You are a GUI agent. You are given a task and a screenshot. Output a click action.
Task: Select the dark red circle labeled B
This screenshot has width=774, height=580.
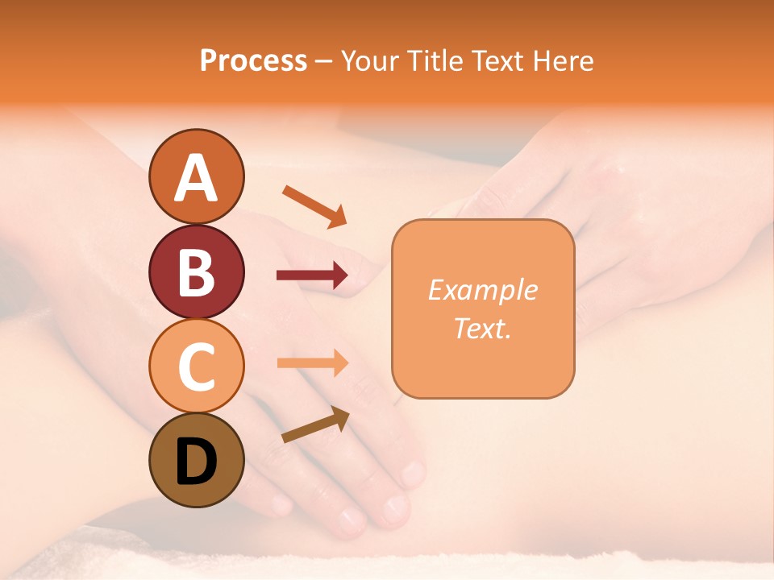pyautogui.click(x=196, y=271)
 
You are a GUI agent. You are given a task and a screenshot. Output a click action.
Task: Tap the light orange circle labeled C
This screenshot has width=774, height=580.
pyautogui.click(x=196, y=366)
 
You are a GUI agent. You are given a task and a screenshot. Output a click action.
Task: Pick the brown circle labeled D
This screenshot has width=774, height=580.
pyautogui.click(x=196, y=460)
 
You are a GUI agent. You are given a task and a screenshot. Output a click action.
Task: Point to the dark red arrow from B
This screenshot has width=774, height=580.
pyautogui.click(x=312, y=275)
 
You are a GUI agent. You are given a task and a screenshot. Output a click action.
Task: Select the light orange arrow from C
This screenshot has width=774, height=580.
pyautogui.click(x=312, y=362)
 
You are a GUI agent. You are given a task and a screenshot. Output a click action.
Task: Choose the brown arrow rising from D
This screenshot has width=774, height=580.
pyautogui.click(x=315, y=425)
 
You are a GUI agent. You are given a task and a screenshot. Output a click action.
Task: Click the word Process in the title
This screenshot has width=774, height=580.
pyautogui.click(x=253, y=60)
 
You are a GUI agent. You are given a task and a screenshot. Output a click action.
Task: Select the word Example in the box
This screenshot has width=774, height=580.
pyautogui.click(x=483, y=290)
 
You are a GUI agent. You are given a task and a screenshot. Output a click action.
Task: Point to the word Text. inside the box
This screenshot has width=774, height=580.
pyautogui.click(x=483, y=328)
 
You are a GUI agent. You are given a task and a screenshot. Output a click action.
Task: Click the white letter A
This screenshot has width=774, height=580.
pyautogui.click(x=196, y=178)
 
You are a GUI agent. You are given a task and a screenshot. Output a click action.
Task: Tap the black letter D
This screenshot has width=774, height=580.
pyautogui.click(x=196, y=462)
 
